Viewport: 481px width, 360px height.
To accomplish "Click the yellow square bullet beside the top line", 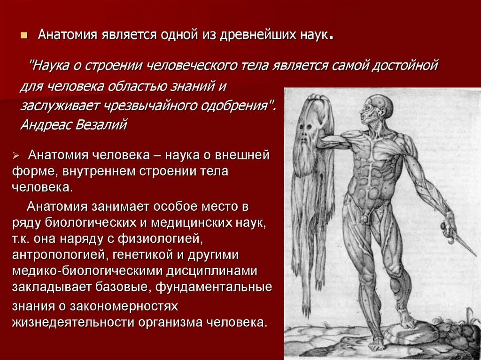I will click(x=24, y=36).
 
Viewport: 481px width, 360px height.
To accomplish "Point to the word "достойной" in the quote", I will click(x=405, y=65).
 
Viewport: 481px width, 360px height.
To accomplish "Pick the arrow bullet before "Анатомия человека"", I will click(x=16, y=156).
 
